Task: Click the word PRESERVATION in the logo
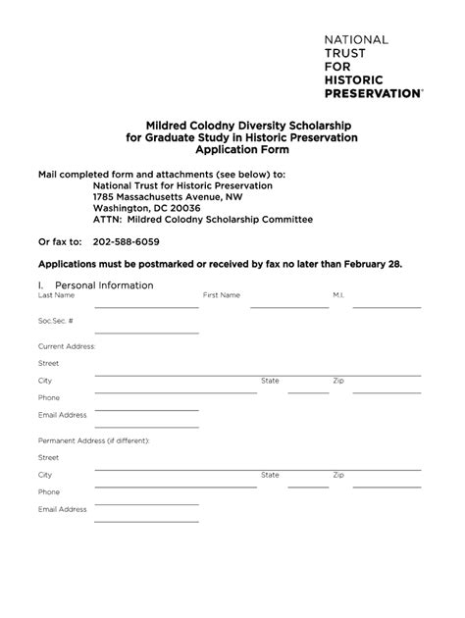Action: pyautogui.click(x=373, y=94)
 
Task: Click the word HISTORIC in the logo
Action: pyautogui.click(x=359, y=80)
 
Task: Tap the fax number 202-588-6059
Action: pyautogui.click(x=127, y=241)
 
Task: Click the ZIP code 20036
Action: pyautogui.click(x=181, y=208)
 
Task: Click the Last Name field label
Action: pyautogui.click(x=56, y=295)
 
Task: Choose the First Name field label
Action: pyautogui.click(x=222, y=295)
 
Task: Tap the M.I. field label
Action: pyautogui.click(x=338, y=295)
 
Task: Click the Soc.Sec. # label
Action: pyautogui.click(x=56, y=320)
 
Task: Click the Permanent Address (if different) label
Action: pyautogui.click(x=94, y=440)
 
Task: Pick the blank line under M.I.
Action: pyautogui.click(x=387, y=307)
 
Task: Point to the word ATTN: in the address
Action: pyautogui.click(x=107, y=220)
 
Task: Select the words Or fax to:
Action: pyautogui.click(x=60, y=241)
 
